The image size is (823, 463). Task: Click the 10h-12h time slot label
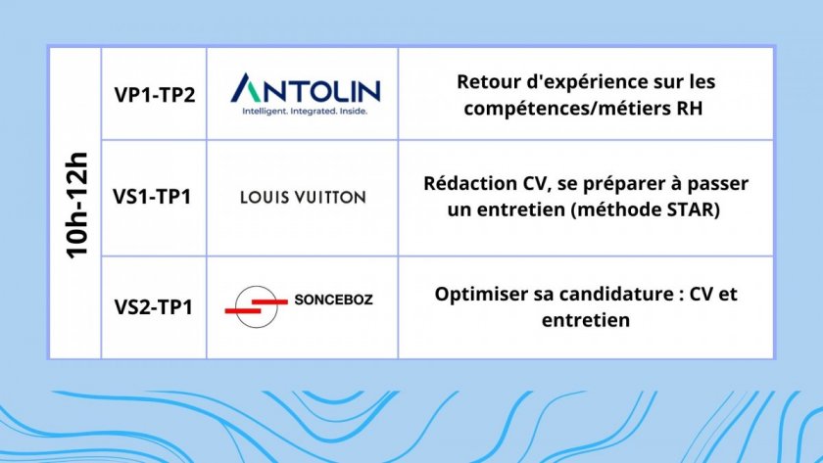pyautogui.click(x=76, y=205)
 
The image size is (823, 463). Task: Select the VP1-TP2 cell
pyautogui.click(x=155, y=95)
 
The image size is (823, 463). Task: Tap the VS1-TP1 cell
pyautogui.click(x=152, y=197)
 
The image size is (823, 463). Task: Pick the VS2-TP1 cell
pyautogui.click(x=153, y=306)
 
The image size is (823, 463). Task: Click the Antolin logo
pyautogui.click(x=306, y=94)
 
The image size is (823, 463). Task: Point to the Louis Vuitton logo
pyautogui.click(x=303, y=197)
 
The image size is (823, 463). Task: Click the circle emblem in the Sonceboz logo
pyautogui.click(x=256, y=306)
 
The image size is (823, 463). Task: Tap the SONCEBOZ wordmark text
pyautogui.click(x=333, y=300)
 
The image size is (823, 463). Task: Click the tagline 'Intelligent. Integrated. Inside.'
pyautogui.click(x=305, y=112)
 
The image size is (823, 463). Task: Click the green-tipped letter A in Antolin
pyautogui.click(x=247, y=88)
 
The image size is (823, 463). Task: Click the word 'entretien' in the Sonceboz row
pyautogui.click(x=586, y=320)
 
